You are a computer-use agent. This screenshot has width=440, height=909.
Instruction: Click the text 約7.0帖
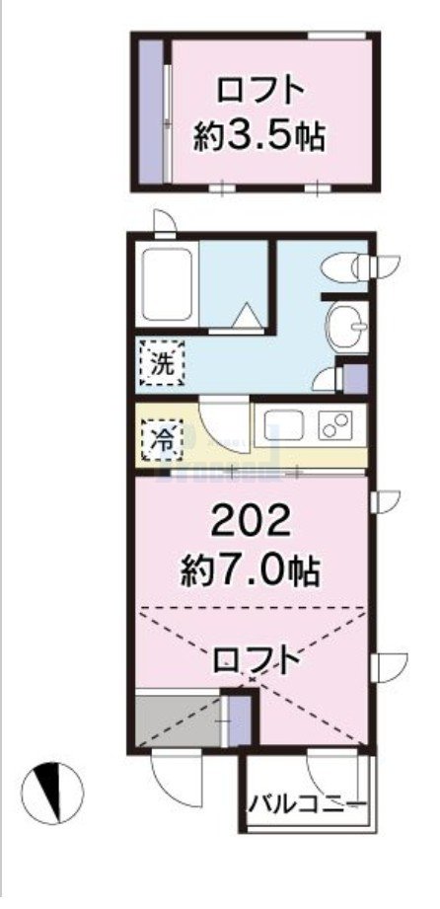tap(254, 568)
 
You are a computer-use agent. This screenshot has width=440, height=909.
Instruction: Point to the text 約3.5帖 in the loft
tap(259, 135)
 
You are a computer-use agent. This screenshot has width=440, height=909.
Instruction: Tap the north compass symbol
tap(52, 793)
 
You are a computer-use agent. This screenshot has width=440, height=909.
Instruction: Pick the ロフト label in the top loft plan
tap(259, 91)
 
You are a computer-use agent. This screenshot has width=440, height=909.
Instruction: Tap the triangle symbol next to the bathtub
tap(246, 316)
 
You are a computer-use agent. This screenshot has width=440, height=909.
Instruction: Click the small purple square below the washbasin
tap(354, 378)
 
